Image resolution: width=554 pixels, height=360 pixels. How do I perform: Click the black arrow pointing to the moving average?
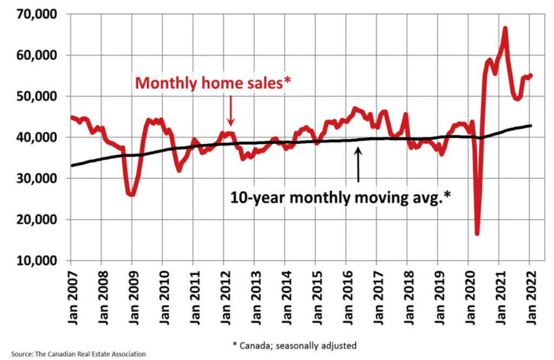(358, 165)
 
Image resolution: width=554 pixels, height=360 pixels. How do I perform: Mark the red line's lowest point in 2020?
(477, 234)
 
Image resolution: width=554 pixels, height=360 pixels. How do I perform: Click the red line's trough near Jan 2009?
(131, 194)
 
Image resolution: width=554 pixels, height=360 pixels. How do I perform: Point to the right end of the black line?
(531, 125)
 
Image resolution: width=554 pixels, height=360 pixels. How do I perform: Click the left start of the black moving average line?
(71, 165)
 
